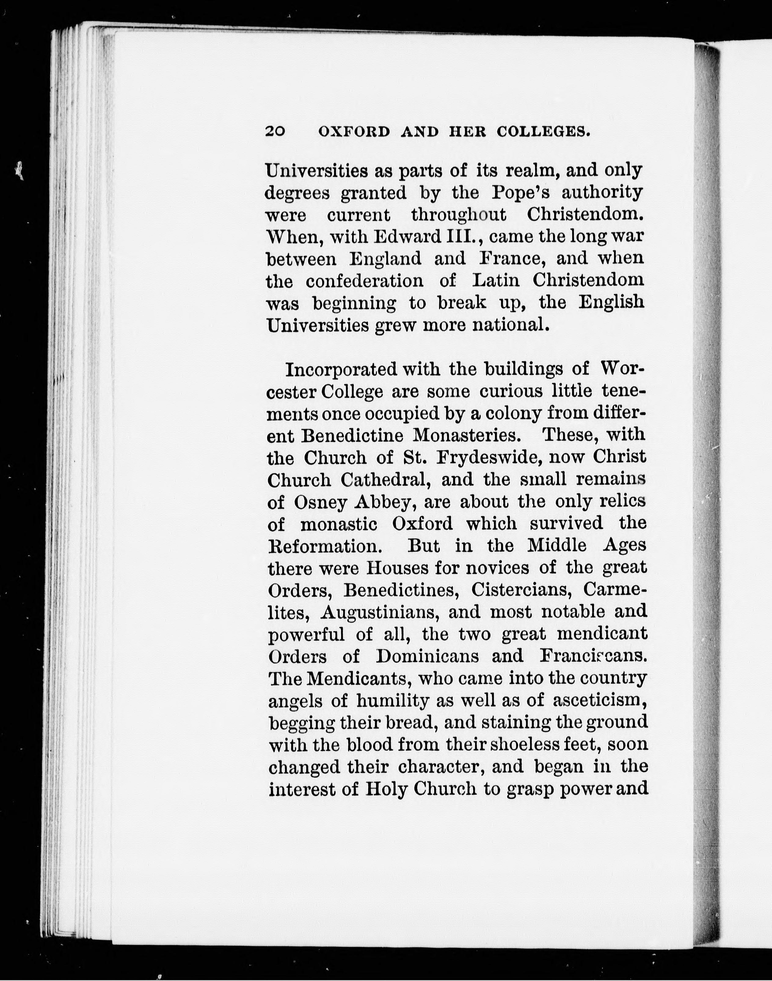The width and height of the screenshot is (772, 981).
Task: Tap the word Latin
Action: (496, 281)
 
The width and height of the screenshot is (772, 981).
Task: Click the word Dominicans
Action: (427, 657)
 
